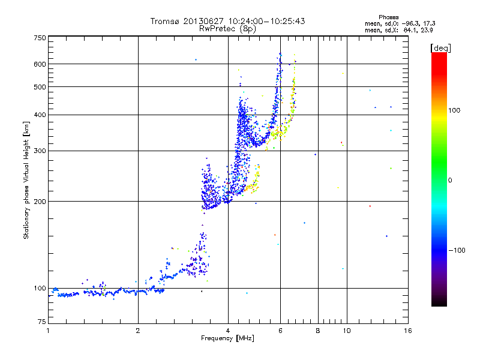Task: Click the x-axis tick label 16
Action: (408, 330)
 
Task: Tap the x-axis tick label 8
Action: (318, 330)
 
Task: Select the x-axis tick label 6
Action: (280, 330)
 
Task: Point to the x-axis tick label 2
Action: (138, 330)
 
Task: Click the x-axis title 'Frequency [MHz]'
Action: (227, 338)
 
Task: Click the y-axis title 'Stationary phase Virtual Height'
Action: (26, 180)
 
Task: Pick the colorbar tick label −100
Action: (456, 250)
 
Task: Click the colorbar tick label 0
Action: (451, 180)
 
